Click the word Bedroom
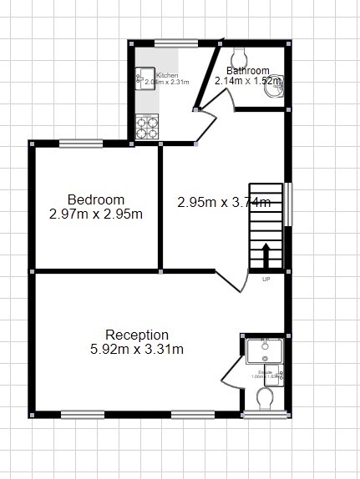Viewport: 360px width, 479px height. coord(96,199)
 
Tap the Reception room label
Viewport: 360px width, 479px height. coord(137,335)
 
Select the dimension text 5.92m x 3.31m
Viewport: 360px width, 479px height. coord(137,349)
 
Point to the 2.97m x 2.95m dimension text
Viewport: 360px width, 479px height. coord(96,214)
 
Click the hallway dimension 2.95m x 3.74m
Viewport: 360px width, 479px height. coord(223,201)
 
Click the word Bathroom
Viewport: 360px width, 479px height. coord(248,70)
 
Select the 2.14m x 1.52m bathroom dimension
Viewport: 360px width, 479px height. coord(247,81)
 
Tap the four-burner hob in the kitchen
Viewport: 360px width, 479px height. coord(148,128)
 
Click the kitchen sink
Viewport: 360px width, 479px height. coord(140,80)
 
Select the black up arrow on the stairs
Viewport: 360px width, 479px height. coord(266,255)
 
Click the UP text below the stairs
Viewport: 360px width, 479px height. coord(266,279)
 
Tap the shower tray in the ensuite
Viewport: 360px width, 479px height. coord(265,349)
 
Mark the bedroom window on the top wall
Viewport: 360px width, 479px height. coord(81,143)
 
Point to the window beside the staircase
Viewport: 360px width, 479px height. coord(288,204)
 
